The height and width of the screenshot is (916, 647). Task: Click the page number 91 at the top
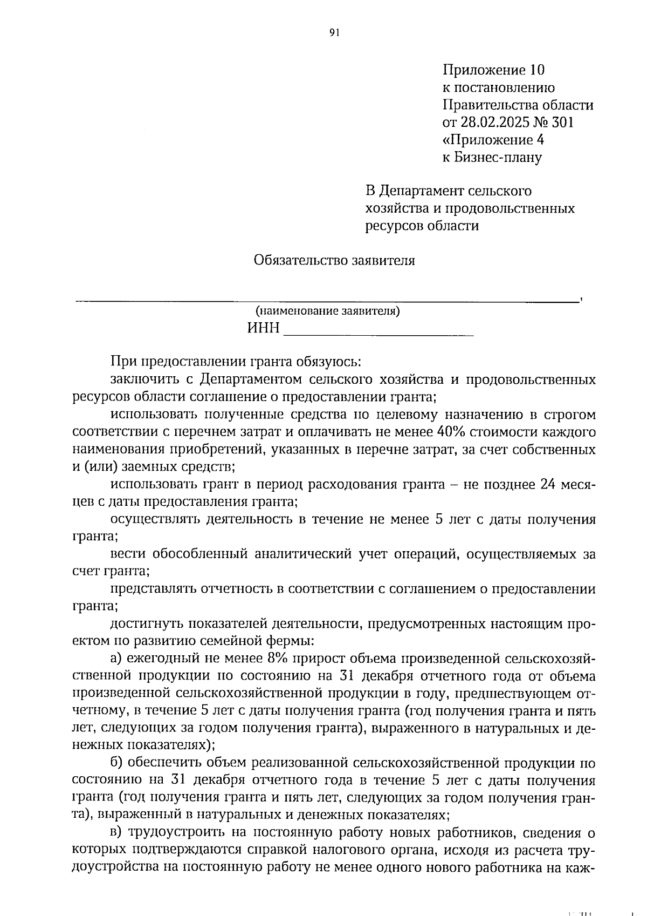334,33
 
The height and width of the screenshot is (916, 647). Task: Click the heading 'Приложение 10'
493,70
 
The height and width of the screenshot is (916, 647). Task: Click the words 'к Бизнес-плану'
492,158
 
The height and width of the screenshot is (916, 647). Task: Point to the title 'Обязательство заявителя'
334,261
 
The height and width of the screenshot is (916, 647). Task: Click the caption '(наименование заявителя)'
328,311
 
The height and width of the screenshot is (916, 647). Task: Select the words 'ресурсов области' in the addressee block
422,226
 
